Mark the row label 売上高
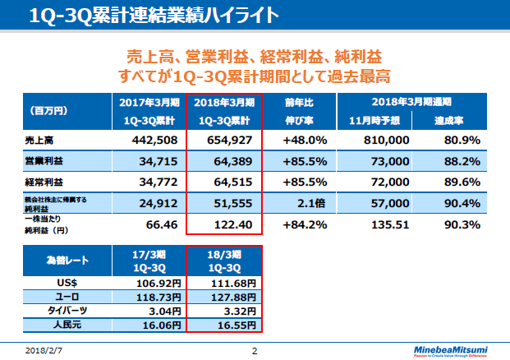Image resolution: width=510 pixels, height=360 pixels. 39,141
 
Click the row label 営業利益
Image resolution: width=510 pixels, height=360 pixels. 42,160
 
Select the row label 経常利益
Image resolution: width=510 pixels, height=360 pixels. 42,180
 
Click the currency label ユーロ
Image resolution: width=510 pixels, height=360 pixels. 67,298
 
